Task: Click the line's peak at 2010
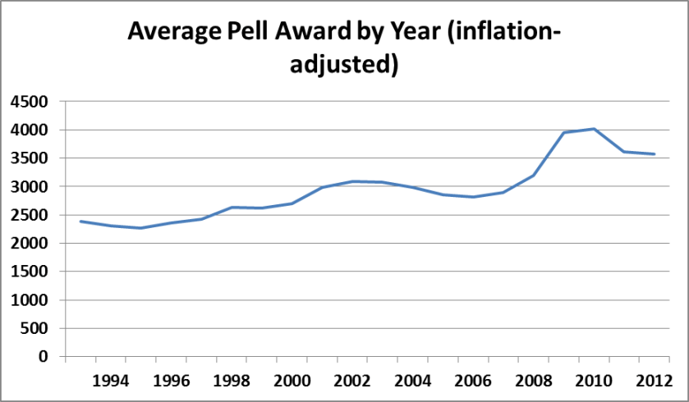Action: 593,129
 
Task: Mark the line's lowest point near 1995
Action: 140,228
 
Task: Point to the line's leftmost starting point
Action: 80,222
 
